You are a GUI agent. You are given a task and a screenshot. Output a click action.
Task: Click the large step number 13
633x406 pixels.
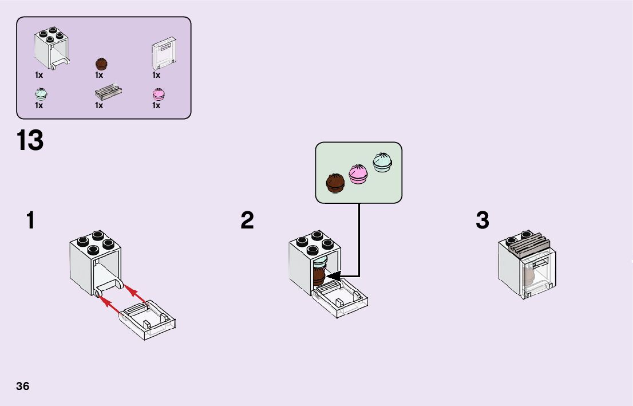(x=30, y=141)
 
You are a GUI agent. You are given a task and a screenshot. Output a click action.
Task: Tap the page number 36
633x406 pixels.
(x=23, y=386)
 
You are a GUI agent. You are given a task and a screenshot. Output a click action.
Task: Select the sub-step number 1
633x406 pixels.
(x=30, y=220)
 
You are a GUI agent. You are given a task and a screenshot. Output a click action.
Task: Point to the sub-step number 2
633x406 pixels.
(x=247, y=220)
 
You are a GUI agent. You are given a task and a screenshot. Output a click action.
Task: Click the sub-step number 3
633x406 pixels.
(x=482, y=220)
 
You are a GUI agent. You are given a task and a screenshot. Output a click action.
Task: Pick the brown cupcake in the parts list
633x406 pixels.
(x=101, y=64)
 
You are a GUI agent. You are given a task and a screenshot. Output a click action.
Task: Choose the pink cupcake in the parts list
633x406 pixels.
(x=158, y=94)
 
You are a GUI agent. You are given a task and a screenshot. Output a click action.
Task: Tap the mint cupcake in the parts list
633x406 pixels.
(x=40, y=94)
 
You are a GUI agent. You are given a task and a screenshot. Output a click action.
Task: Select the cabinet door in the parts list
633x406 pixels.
(x=163, y=55)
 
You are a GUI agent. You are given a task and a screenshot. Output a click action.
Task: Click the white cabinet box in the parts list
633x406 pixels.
(x=50, y=47)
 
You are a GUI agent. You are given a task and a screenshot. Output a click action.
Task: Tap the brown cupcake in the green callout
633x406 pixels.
(x=335, y=183)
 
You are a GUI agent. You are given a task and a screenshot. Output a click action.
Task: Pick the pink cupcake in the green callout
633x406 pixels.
(x=359, y=173)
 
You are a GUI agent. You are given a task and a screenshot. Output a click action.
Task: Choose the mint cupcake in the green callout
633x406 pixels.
(x=383, y=162)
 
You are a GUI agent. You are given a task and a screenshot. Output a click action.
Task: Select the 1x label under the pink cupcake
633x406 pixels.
(x=156, y=105)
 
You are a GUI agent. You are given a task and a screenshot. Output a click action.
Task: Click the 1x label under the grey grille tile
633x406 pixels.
(x=99, y=105)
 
